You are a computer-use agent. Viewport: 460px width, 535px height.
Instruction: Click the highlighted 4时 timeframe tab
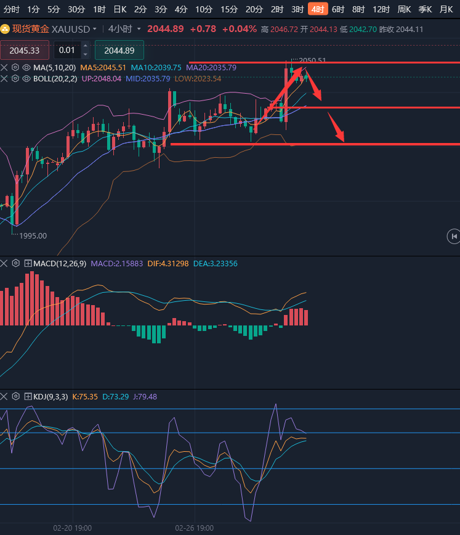318,9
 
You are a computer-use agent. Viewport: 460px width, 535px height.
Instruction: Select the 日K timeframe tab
119,9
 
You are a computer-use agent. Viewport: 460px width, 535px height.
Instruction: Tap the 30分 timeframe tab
76,9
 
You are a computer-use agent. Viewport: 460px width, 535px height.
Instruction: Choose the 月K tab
446,9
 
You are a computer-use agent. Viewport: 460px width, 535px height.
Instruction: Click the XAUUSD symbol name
70,29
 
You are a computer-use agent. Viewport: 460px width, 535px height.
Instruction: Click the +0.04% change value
239,29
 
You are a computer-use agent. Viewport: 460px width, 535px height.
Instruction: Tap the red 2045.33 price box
25,51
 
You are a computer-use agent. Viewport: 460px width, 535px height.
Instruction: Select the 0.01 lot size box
67,51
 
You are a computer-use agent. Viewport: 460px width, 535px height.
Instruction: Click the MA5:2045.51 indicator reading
103,68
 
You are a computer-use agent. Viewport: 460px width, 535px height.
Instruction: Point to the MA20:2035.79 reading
211,68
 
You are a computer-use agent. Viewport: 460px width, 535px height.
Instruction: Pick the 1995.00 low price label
33,235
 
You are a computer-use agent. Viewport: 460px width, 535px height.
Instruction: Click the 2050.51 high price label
313,60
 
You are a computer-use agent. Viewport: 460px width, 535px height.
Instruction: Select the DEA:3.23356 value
215,263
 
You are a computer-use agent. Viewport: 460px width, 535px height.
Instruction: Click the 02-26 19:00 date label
195,528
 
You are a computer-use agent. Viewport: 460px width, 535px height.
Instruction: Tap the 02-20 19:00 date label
73,528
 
